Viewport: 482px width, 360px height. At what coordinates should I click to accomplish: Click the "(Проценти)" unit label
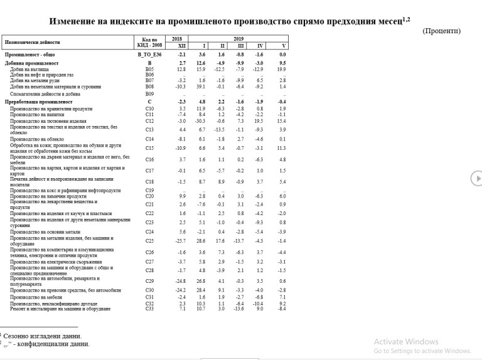[x=441, y=31]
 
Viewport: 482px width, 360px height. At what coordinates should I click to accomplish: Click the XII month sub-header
[x=182, y=46]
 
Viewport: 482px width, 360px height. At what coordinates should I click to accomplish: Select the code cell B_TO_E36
[x=149, y=55]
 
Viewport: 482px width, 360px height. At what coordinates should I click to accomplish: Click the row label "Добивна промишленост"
[x=32, y=63]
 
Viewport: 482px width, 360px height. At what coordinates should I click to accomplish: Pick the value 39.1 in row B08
[x=201, y=86]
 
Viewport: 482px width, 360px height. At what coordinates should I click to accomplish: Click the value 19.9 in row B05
[x=282, y=69]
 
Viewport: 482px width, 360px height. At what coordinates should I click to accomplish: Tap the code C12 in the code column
[x=149, y=120]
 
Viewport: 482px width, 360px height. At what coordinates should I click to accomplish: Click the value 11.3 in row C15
[x=282, y=148]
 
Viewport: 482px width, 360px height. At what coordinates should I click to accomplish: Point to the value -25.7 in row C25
[x=181, y=241]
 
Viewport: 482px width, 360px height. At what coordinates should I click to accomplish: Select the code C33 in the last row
[x=149, y=309]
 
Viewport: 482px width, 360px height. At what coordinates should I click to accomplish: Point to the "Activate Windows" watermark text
[x=406, y=342]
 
